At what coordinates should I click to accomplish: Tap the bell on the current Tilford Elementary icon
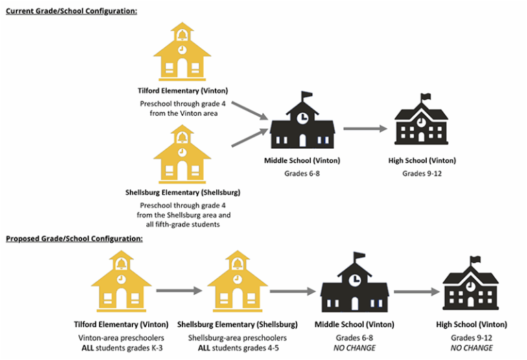tap(182, 34)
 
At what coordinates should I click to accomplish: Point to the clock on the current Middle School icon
tap(302, 118)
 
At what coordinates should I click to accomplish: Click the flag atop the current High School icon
tap(426, 97)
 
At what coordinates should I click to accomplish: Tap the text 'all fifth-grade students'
tap(181, 224)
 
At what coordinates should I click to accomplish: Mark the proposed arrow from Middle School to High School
tap(414, 291)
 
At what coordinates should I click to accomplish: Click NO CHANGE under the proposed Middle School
tap(354, 348)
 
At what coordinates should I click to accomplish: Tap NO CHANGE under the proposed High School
tap(471, 348)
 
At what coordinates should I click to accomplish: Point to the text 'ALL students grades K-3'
tap(121, 348)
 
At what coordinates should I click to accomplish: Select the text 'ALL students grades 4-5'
tap(237, 348)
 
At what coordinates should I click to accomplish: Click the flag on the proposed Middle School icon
tap(359, 257)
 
